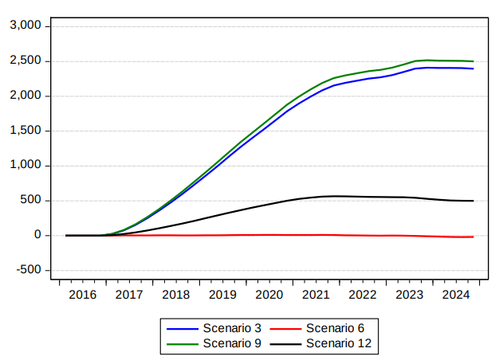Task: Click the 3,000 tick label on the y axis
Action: coord(26,25)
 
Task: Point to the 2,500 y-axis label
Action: coord(26,60)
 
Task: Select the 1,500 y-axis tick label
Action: coord(26,130)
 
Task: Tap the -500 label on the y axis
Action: coord(29,270)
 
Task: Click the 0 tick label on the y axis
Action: coord(38,235)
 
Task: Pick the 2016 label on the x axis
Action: coord(82,295)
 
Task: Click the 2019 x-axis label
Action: coord(222,295)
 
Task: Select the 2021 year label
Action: coord(316,295)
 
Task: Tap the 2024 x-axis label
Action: coord(456,295)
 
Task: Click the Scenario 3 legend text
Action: coord(232,328)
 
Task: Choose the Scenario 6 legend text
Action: coord(335,328)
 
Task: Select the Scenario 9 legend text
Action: coord(232,343)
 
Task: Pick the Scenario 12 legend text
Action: coord(339,343)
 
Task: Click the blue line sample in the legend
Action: coord(183,329)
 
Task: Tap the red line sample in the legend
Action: coord(285,329)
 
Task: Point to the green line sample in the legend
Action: coord(183,344)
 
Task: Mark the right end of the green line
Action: coord(473,61)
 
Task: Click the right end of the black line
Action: coord(473,201)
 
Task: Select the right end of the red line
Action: coord(473,237)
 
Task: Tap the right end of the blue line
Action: coord(473,68)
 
